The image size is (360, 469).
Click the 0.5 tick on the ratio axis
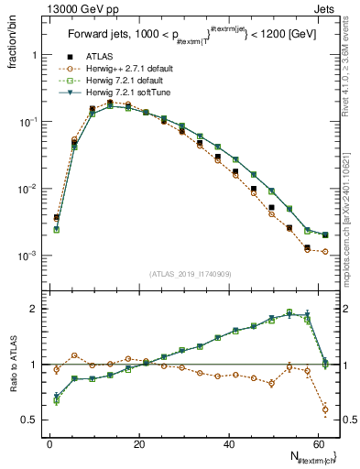point(29,420)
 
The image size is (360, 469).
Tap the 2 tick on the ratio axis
point(34,309)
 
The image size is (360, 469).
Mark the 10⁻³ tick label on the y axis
point(26,256)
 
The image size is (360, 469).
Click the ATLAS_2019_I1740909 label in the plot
point(191,273)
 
